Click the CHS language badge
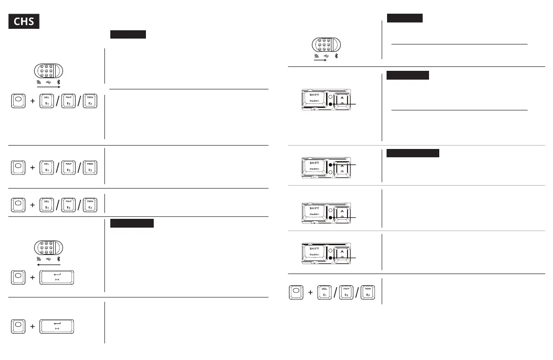click(x=24, y=22)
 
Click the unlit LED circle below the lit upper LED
click(x=330, y=172)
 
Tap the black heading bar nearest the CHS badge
click(x=128, y=34)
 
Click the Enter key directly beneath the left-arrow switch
click(x=57, y=276)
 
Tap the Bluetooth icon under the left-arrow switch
click(x=58, y=259)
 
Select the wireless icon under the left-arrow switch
click(x=38, y=259)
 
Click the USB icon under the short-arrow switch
click(x=327, y=56)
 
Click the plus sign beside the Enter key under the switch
click(x=32, y=277)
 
